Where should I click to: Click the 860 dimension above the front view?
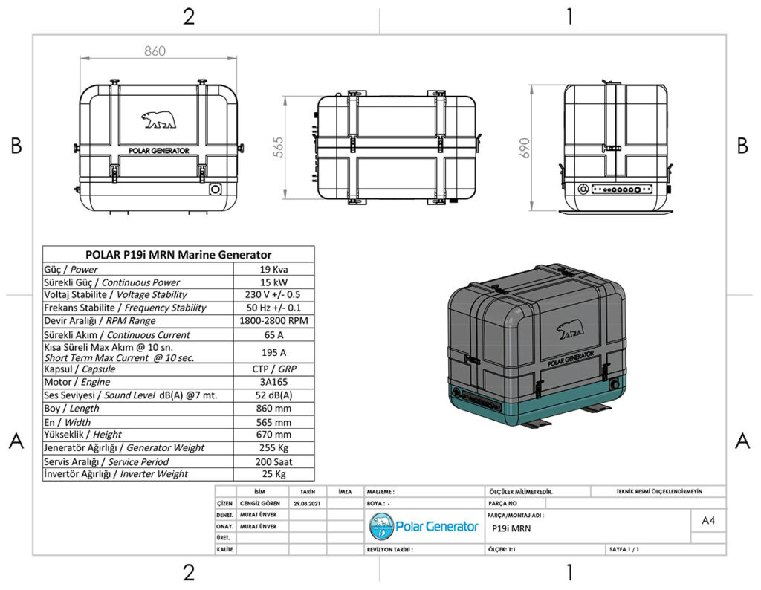[155, 51]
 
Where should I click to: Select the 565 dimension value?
[279, 146]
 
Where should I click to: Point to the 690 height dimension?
[525, 146]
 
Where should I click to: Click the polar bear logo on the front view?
[159, 120]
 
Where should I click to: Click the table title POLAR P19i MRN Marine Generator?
[178, 254]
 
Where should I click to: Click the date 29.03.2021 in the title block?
[307, 503]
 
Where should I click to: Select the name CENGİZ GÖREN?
[261, 503]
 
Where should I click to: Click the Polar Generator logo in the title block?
[424, 526]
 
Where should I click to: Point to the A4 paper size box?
[708, 521]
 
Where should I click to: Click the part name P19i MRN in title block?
[511, 529]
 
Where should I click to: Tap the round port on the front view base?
[216, 189]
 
